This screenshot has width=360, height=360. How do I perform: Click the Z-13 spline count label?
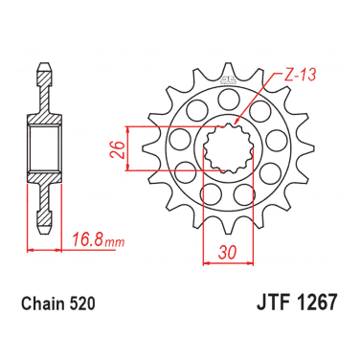click(x=300, y=75)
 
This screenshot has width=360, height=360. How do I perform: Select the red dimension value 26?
click(x=117, y=149)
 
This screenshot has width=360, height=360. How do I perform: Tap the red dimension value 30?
click(x=228, y=252)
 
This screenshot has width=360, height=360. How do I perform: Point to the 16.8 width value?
click(x=86, y=239)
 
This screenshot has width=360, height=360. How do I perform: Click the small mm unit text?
click(x=114, y=242)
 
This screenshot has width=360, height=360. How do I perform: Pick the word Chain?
click(x=43, y=304)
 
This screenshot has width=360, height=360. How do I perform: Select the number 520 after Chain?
click(x=82, y=304)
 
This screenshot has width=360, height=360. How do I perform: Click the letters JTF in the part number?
click(x=273, y=302)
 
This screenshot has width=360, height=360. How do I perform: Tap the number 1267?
click(x=316, y=302)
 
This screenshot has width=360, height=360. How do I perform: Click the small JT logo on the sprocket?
click(x=228, y=79)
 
